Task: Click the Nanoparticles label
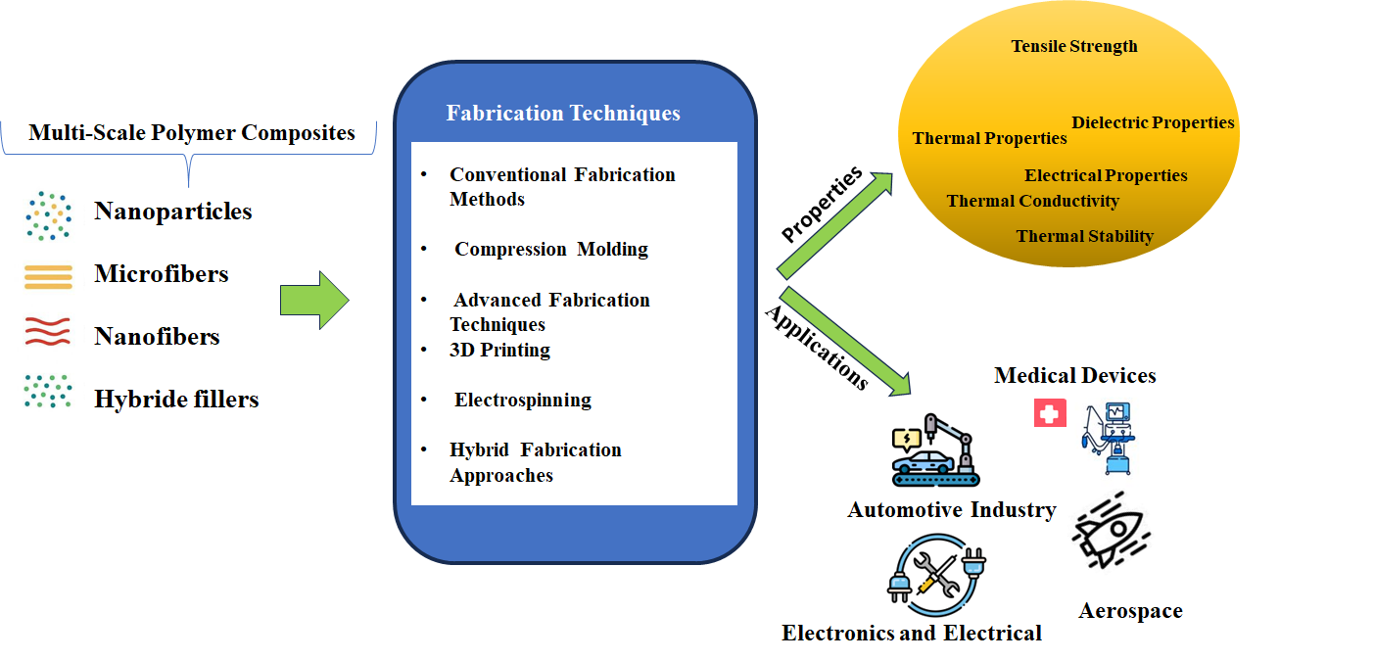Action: (x=172, y=212)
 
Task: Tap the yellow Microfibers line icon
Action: (x=48, y=277)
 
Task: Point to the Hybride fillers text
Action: (x=176, y=399)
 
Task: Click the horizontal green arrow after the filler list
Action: (x=313, y=301)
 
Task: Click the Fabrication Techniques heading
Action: (x=563, y=114)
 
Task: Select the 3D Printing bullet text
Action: (x=499, y=350)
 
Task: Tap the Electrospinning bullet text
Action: (x=522, y=400)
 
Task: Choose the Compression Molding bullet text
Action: (x=550, y=249)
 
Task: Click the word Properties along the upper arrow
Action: (x=821, y=204)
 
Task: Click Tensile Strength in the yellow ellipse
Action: (x=1074, y=46)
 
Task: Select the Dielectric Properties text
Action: (x=1153, y=122)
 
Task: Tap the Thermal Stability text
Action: (x=1084, y=236)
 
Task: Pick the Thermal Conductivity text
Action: (x=1032, y=201)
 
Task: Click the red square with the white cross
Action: (x=1050, y=412)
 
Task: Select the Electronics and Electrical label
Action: (x=911, y=634)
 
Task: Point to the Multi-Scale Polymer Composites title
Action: (x=192, y=133)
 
